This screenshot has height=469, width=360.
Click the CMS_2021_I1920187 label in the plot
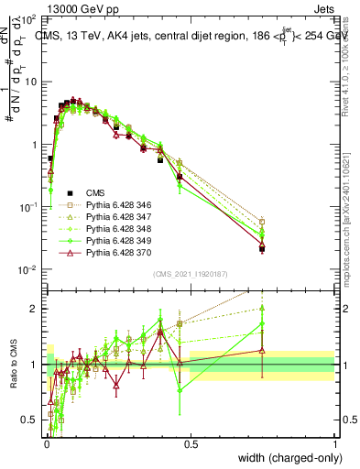190,275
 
